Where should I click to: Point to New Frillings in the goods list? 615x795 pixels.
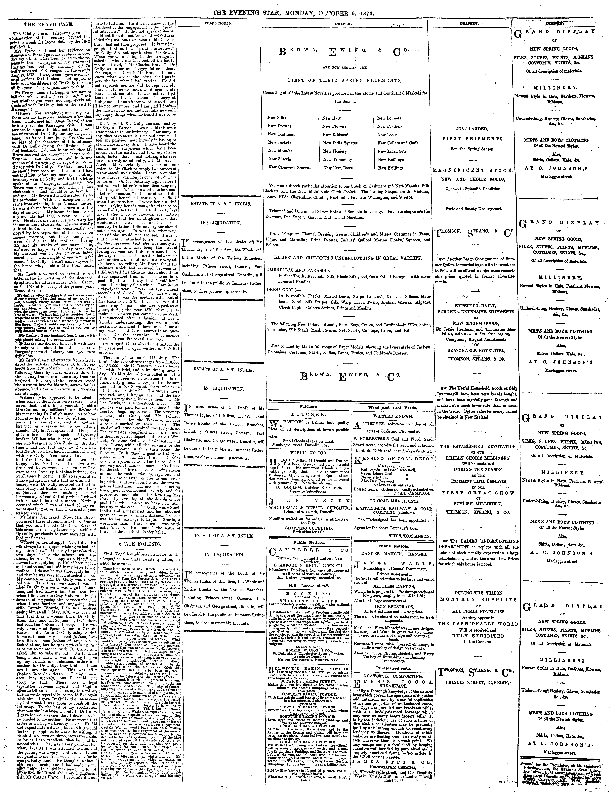point(390,168)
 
